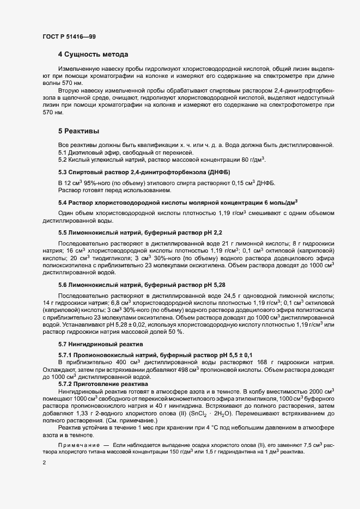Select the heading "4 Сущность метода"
click(x=93, y=55)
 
